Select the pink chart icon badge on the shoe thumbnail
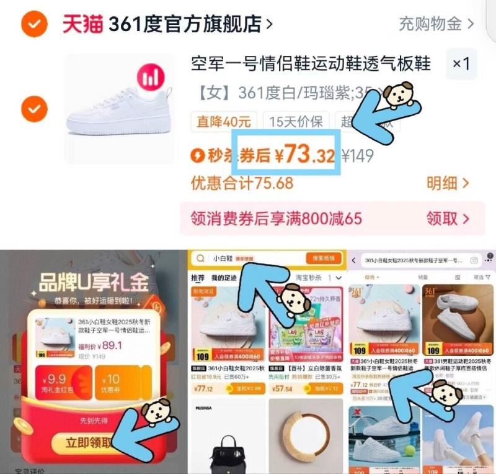[151, 77]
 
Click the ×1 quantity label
[461, 63]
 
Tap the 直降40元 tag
[224, 121]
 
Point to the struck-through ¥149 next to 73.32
[358, 155]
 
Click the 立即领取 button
[92, 443]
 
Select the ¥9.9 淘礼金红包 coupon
[57, 383]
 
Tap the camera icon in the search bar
[474, 260]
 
